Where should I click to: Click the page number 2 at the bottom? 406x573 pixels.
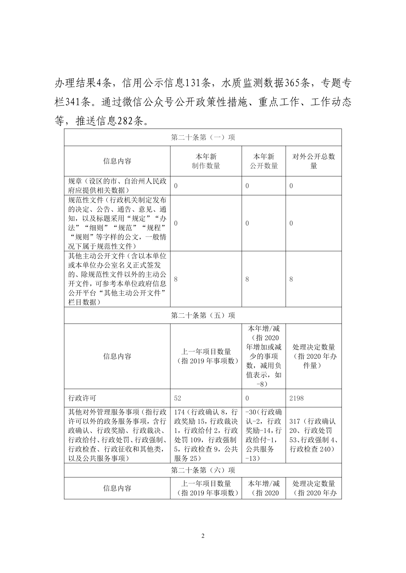coord(203,536)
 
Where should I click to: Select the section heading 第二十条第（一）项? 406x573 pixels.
coord(203,137)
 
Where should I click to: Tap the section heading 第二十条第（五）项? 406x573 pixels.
coord(203,315)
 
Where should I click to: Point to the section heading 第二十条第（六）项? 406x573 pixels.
coord(203,470)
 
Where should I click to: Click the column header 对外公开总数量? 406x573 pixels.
coord(314,161)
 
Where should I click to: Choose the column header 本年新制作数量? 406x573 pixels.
coord(206,161)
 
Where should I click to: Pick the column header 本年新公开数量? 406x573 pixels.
coord(264,161)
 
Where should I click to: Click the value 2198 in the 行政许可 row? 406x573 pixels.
coord(296,398)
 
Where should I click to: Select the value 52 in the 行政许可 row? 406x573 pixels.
coord(178,398)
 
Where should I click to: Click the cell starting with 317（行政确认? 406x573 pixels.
coord(313,435)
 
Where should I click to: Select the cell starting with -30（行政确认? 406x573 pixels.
coord(264,435)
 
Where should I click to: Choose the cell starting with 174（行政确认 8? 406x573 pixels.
coord(206,435)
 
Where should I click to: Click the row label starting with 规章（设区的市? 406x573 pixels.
coord(117,185)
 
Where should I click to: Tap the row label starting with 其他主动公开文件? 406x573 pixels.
coord(117,279)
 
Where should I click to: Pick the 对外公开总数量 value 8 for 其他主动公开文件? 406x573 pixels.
coord(291,279)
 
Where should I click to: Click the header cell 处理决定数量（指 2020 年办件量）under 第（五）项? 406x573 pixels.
coord(314,356)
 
